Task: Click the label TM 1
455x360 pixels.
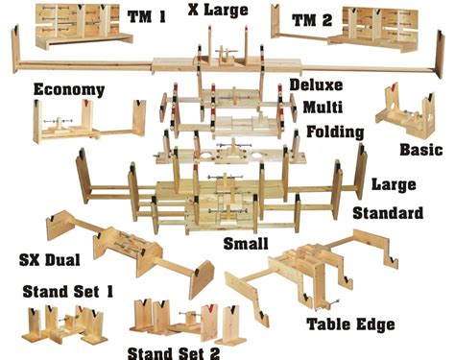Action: pyautogui.click(x=149, y=16)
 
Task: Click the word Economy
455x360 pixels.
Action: pyautogui.click(x=67, y=89)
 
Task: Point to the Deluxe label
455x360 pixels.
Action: pyautogui.click(x=316, y=85)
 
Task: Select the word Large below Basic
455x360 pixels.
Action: pyautogui.click(x=394, y=183)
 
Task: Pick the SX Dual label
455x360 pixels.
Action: pyautogui.click(x=52, y=258)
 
